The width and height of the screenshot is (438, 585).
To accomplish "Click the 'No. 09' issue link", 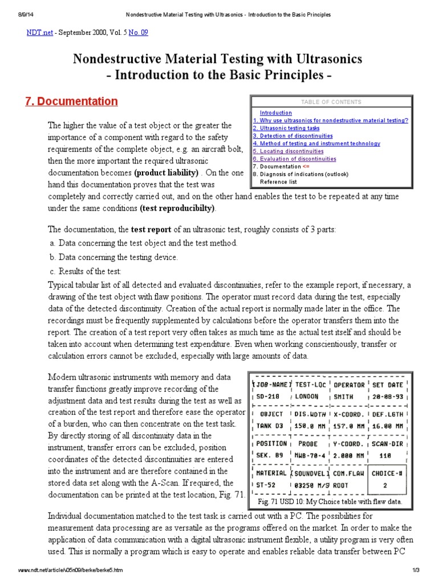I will click(138, 33).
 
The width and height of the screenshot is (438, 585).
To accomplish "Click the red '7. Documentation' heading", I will click(72, 102).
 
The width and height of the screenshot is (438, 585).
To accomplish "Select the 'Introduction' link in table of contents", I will click(275, 113).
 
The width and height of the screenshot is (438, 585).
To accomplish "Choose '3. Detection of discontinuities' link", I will click(293, 136).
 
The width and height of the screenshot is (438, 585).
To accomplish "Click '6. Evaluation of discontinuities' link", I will click(294, 159).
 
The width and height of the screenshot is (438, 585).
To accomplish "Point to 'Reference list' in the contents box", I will click(278, 182).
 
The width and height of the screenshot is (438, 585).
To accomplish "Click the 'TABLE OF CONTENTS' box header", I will click(331, 102).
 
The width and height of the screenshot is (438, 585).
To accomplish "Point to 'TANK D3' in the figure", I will click(271, 426).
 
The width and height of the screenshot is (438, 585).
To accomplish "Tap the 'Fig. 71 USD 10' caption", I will click(330, 502).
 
